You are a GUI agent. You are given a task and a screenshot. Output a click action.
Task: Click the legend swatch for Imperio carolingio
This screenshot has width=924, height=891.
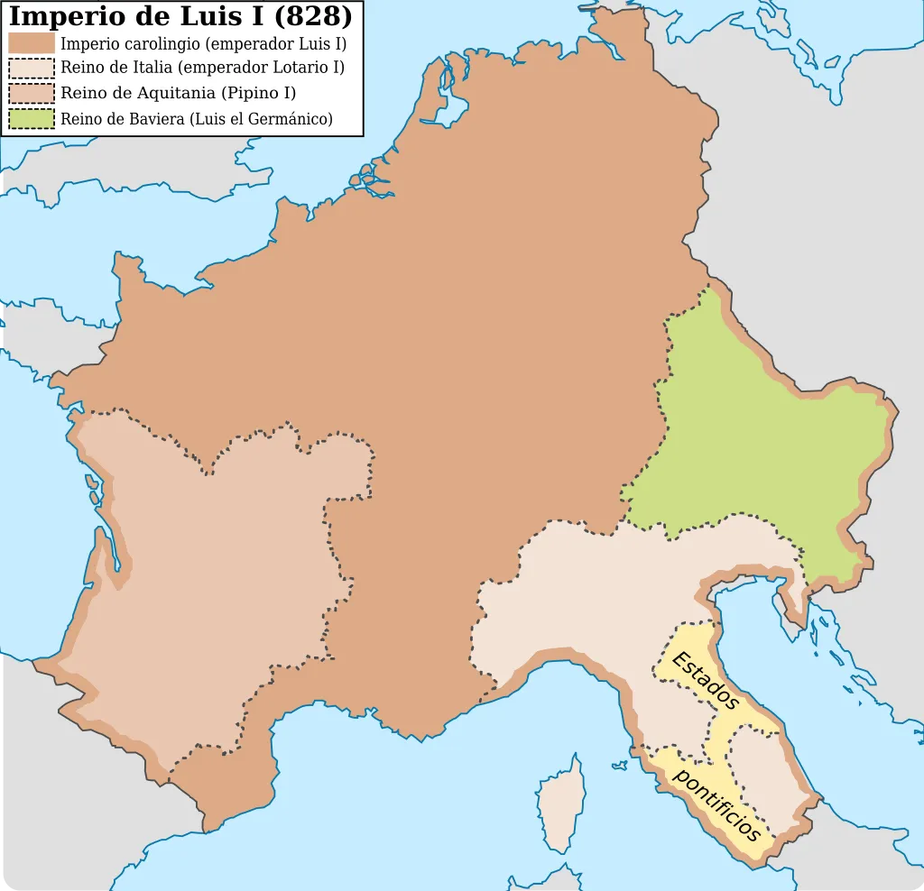pyautogui.click(x=32, y=43)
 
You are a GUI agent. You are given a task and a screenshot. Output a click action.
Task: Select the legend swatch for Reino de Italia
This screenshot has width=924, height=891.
pyautogui.click(x=32, y=69)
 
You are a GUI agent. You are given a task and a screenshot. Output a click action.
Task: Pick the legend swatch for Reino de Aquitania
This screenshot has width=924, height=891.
pyautogui.click(x=32, y=94)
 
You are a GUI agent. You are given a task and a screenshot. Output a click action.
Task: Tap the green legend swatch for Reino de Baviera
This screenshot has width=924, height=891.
pyautogui.click(x=32, y=119)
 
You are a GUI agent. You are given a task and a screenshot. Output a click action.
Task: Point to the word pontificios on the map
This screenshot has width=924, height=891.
pyautogui.click(x=718, y=804)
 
